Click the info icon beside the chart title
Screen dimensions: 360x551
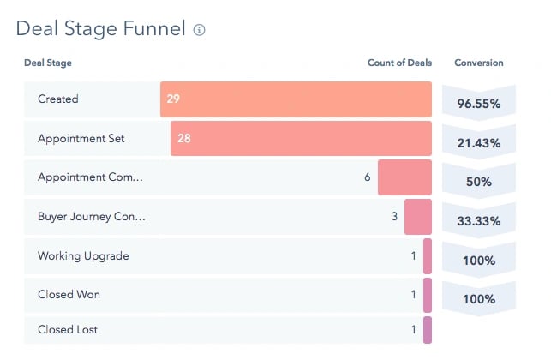point(200,30)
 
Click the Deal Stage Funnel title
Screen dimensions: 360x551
point(100,29)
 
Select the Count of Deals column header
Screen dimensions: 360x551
point(398,63)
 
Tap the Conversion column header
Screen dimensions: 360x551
point(478,63)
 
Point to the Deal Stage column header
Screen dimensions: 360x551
point(48,63)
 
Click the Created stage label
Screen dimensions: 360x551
point(57,99)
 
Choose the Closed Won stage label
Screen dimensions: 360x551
point(69,295)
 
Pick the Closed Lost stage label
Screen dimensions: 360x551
point(69,330)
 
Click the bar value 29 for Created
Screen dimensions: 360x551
point(173,99)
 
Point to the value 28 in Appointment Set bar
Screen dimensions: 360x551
point(184,138)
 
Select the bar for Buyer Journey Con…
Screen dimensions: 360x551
point(418,217)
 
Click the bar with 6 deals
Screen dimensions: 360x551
point(404,177)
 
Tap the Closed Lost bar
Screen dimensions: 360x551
point(428,330)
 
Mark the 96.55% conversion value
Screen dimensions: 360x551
point(478,104)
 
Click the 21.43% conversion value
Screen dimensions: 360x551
point(478,143)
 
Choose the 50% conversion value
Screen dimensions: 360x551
point(478,183)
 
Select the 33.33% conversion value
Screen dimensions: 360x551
point(478,221)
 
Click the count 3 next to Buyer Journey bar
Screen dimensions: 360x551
point(394,217)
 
